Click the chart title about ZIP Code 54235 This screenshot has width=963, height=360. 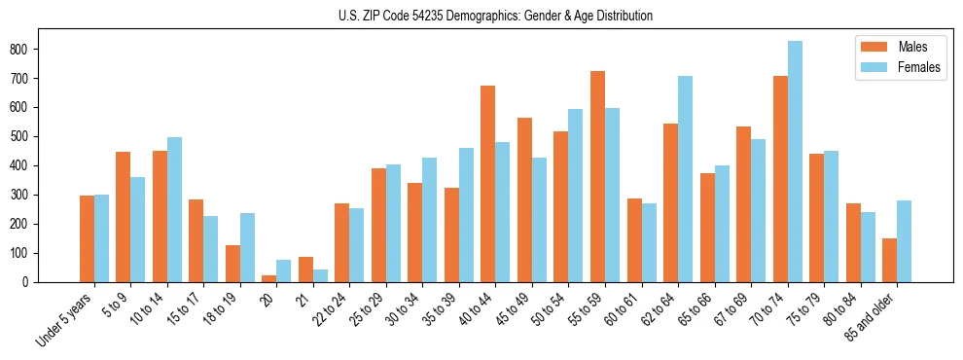pyautogui.click(x=481, y=16)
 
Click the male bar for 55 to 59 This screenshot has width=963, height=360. pyautogui.click(x=597, y=176)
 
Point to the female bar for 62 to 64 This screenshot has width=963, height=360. pyautogui.click(x=685, y=179)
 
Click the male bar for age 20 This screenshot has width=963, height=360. pyautogui.click(x=269, y=278)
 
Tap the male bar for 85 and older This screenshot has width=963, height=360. pyautogui.click(x=889, y=260)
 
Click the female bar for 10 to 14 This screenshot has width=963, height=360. pyautogui.click(x=174, y=209)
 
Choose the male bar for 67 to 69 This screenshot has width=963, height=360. pyautogui.click(x=743, y=204)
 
